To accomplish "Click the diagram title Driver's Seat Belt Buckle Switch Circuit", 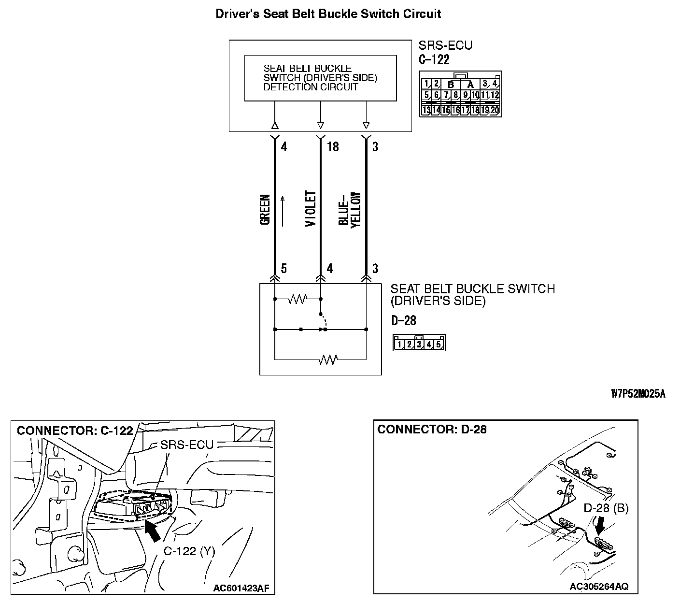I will (x=328, y=14).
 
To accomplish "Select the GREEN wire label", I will (x=265, y=210).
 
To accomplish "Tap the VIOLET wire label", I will (x=311, y=209).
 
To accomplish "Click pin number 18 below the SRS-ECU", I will (x=333, y=146).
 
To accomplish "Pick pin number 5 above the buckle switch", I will (x=283, y=269).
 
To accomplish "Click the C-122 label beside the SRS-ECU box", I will (x=434, y=60).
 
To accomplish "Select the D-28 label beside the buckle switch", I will (x=404, y=320).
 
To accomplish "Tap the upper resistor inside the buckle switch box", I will (x=297, y=300).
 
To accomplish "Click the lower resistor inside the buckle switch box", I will (x=328, y=359).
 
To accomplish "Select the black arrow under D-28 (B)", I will (x=601, y=524).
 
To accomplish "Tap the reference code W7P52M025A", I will (x=638, y=394).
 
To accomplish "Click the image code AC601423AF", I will (x=241, y=589).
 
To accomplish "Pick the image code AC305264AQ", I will (x=599, y=587).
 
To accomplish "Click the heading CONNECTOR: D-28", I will (x=432, y=430).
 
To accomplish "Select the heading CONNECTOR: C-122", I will (x=75, y=431).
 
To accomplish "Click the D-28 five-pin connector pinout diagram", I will (x=419, y=343).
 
